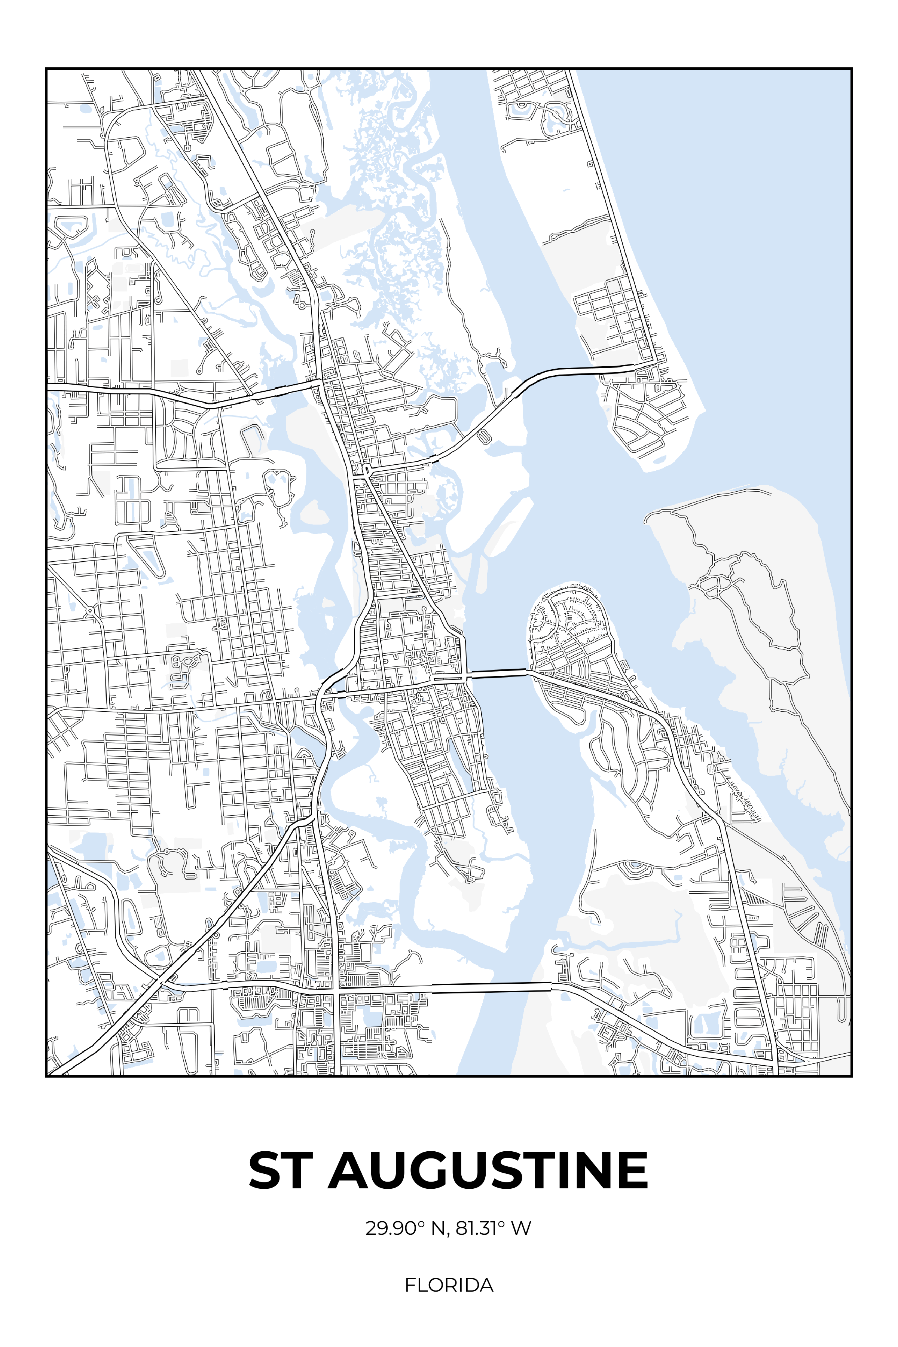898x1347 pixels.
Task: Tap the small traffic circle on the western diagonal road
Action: [91, 611]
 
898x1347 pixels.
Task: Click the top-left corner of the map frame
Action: [46, 69]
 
